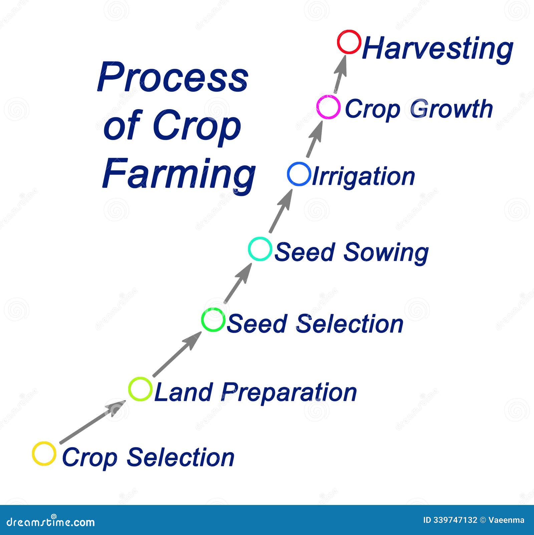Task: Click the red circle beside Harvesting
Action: pyautogui.click(x=349, y=42)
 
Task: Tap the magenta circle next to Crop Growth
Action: pyautogui.click(x=328, y=107)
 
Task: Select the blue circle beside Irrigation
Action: pyautogui.click(x=299, y=174)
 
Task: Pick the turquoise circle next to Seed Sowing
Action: pyautogui.click(x=260, y=249)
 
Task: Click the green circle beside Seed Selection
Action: pyautogui.click(x=213, y=320)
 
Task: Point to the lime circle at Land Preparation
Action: pyautogui.click(x=141, y=389)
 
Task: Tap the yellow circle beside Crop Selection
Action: pyautogui.click(x=44, y=454)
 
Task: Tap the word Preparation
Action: pyautogui.click(x=289, y=392)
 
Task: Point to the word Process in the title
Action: pyautogui.click(x=173, y=77)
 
